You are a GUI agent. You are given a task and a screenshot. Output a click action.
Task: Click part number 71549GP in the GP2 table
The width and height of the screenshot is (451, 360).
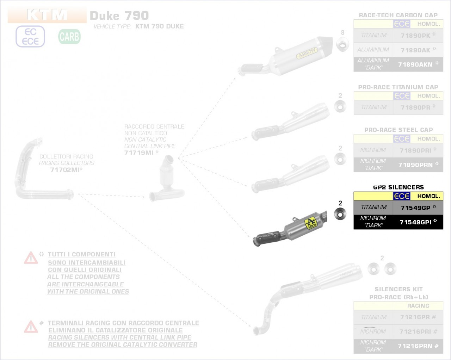coord(415,208)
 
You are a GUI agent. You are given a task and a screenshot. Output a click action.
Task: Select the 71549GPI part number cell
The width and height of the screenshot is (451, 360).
coord(416,222)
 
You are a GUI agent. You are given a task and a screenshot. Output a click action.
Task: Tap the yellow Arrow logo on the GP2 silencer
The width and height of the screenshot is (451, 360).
coord(310,223)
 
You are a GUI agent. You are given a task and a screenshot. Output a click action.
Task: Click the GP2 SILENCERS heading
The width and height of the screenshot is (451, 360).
coord(399,187)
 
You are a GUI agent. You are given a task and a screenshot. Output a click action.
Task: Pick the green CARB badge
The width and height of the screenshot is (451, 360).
coord(69,37)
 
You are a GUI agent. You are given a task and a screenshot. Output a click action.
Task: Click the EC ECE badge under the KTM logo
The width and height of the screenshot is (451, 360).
coord(30,37)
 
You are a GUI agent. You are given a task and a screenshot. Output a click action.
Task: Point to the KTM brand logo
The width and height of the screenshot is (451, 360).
coord(47,15)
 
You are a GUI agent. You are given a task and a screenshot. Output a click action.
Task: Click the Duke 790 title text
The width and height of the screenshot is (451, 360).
coord(119,16)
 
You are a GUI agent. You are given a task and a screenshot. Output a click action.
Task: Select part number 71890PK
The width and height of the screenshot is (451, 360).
coord(415,36)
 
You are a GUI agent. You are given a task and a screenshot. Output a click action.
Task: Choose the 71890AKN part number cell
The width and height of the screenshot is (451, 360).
coord(415,64)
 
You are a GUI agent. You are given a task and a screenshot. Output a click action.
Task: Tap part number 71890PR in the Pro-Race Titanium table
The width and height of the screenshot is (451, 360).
coord(415,107)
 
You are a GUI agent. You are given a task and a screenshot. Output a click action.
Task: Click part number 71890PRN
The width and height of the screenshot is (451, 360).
coord(415,165)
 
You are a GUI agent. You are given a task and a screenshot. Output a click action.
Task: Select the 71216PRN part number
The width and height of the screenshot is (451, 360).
coord(415,346)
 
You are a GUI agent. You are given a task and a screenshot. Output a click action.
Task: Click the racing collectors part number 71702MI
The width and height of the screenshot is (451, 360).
coord(65,170)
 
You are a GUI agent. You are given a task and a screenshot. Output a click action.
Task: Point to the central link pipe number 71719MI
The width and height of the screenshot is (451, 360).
coord(139,153)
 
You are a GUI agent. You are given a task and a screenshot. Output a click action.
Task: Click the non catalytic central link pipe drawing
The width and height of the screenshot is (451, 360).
coord(166,180)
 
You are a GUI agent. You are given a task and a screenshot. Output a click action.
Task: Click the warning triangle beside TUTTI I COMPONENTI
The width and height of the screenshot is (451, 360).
coord(31,258)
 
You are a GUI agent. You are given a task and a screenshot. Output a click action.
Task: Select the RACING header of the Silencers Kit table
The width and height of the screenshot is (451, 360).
coord(418,306)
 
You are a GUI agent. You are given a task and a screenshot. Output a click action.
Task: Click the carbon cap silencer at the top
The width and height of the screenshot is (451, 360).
coord(296,56)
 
